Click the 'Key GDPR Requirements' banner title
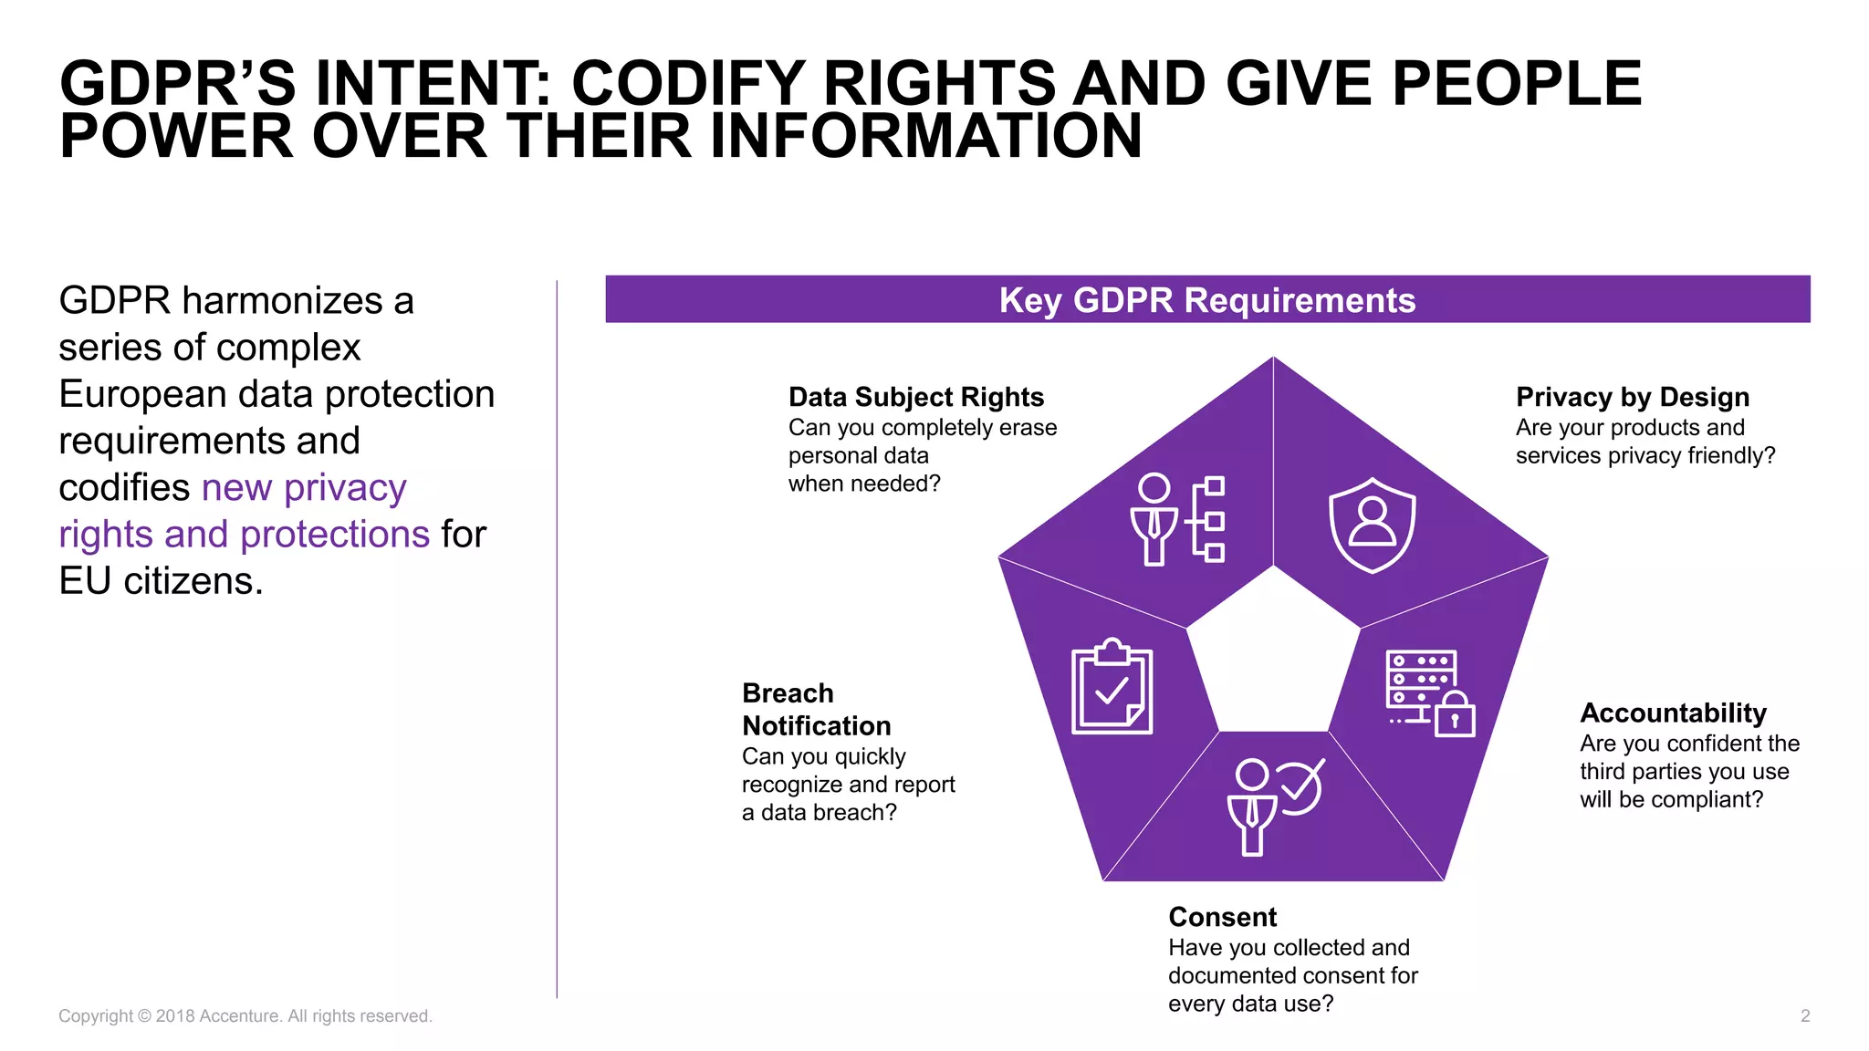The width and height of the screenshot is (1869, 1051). [x=1206, y=300]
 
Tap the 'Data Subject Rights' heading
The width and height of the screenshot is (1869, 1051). [x=915, y=397]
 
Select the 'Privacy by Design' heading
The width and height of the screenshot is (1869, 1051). [x=1632, y=397]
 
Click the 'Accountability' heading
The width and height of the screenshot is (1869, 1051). [x=1673, y=713]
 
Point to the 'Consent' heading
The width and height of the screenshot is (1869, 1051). [x=1222, y=917]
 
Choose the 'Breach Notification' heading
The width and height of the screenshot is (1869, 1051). [x=816, y=710]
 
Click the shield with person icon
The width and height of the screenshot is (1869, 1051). [x=1372, y=525]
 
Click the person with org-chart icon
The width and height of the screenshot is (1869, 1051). [x=1177, y=519]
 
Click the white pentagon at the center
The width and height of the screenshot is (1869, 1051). [x=1273, y=657]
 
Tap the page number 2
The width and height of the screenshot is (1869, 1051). [x=1804, y=1016]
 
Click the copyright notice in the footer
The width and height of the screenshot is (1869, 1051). [x=245, y=1016]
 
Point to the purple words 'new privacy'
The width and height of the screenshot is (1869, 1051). [x=304, y=487]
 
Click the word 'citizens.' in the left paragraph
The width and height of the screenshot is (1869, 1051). [x=193, y=581]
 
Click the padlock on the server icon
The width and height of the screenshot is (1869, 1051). [x=1455, y=717]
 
